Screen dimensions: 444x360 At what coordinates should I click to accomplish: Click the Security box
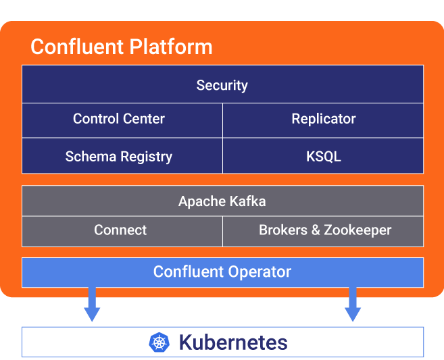coord(222,84)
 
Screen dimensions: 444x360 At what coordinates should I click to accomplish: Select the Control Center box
coord(122,120)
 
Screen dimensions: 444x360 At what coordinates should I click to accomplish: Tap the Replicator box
coord(323,120)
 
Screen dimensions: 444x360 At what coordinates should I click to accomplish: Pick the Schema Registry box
coord(122,155)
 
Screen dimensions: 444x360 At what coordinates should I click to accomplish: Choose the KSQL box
coord(323,155)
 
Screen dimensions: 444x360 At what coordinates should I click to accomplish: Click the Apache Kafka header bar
coord(222,201)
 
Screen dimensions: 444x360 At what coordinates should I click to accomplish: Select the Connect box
coord(122,232)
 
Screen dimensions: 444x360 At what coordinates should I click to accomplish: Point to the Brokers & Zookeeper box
coord(323,232)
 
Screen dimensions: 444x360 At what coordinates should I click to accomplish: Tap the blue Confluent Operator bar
coord(222,272)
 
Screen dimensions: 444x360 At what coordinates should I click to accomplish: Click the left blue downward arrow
coord(92,304)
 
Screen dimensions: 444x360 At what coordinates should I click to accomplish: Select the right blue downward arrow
coord(353,304)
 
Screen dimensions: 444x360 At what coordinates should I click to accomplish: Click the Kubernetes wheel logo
coord(159,342)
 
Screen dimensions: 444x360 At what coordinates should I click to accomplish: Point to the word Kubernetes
coord(233,342)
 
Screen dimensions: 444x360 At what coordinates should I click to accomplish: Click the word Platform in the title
coord(171,47)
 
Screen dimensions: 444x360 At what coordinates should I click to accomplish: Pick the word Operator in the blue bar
coord(260,272)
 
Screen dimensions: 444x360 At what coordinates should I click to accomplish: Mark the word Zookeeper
coord(357,230)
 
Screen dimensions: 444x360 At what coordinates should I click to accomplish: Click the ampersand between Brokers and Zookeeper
coord(316,230)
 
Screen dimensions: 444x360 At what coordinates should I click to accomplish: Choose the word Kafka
coord(247,201)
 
